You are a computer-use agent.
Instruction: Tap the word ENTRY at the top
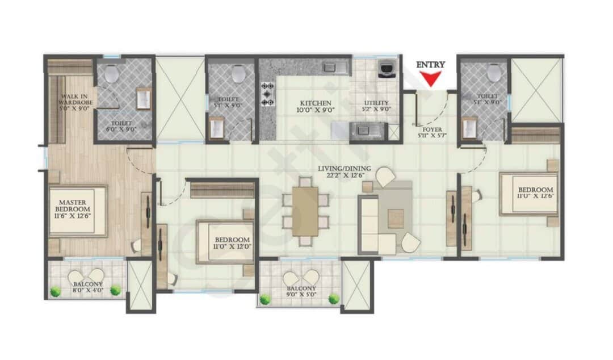coord(431,65)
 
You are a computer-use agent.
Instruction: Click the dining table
coord(305,211)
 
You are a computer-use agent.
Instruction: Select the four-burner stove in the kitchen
coord(267,94)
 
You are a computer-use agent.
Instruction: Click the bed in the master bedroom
coord(78,211)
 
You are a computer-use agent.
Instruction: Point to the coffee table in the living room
coord(396,218)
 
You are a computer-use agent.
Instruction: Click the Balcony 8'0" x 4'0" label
coord(87,287)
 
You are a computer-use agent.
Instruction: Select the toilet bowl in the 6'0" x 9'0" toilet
coord(111,74)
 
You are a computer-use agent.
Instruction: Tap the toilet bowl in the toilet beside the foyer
coord(495,72)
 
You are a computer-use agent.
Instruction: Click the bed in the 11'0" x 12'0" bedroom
coord(224,241)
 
